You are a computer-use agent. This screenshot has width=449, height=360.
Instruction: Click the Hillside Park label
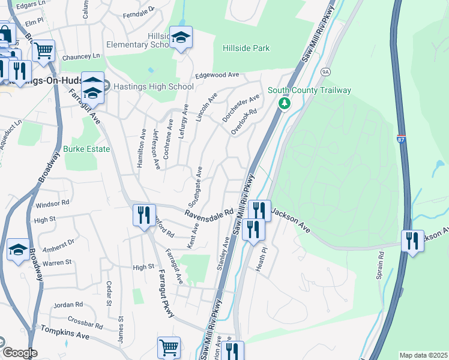point(246,48)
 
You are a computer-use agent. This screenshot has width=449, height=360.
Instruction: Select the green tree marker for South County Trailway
point(285,103)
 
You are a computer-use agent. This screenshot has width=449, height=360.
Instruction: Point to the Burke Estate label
point(86,149)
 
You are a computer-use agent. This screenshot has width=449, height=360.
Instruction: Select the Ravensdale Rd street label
point(208,214)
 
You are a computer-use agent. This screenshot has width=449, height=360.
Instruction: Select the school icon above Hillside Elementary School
point(181,38)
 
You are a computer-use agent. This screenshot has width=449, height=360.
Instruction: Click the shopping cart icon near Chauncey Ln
point(43,51)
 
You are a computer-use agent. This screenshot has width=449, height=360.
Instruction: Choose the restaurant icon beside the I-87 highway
point(412,241)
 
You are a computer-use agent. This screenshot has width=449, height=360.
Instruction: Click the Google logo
point(20,353)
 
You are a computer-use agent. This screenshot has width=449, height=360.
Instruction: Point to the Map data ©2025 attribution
point(423,355)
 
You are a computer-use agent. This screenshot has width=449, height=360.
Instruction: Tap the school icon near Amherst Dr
point(18,250)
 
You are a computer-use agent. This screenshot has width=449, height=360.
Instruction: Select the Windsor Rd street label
point(53,205)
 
